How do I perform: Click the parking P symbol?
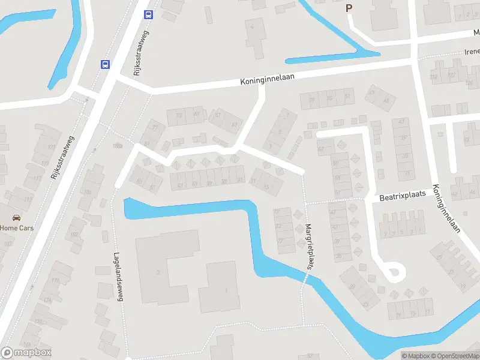[349, 8]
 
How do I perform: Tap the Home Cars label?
[17, 228]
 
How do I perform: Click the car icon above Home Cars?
[16, 218]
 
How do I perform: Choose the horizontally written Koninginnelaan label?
[268, 80]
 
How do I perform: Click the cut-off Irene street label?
[471, 52]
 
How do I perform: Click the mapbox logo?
[26, 353]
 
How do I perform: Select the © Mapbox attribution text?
[415, 356]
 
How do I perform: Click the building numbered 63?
[325, 148]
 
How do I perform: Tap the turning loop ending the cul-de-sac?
[393, 272]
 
